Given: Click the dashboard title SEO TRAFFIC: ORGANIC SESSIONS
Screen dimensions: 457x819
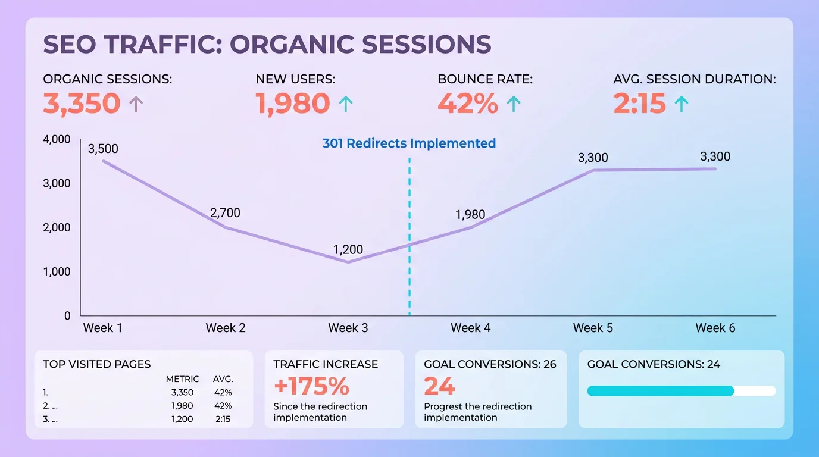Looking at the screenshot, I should click(267, 45).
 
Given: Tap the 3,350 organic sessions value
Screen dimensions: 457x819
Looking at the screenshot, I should click(82, 104).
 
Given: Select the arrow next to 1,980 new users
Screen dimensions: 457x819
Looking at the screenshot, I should click(346, 104).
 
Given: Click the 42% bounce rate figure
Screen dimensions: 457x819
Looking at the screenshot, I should click(467, 104).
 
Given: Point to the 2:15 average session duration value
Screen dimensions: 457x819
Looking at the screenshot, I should click(639, 104).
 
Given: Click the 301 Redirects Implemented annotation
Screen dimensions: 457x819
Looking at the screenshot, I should click(409, 143).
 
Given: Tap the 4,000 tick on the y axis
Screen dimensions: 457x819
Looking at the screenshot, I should click(57, 139).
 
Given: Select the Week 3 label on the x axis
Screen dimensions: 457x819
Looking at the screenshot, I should click(348, 328).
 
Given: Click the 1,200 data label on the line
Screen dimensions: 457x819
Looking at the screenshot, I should click(348, 250).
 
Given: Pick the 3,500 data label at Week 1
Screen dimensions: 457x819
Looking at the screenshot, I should click(103, 149).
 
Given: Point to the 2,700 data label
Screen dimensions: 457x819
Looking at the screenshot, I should click(225, 213).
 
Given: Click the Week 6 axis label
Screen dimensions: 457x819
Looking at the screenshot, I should click(715, 328).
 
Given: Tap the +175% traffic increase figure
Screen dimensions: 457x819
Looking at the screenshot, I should click(311, 386).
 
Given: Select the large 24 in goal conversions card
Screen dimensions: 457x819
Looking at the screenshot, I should click(439, 386).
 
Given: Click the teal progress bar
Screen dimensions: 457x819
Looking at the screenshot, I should click(661, 391).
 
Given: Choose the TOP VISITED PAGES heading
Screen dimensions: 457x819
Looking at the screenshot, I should click(97, 364).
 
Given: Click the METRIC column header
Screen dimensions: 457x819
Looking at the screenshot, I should click(182, 379).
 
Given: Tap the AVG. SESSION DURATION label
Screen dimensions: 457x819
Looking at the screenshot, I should click(695, 79).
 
